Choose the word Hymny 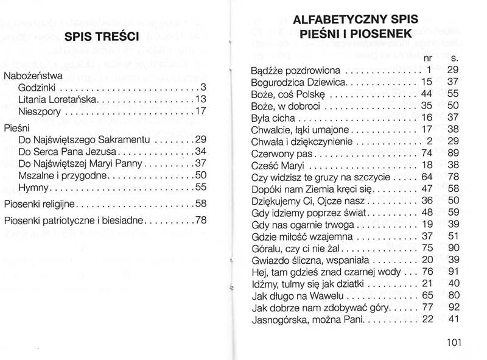(x=34, y=187)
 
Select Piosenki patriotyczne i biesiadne (x=73, y=220)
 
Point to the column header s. (x=454, y=58)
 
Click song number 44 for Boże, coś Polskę (x=426, y=94)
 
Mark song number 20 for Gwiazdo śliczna (x=426, y=259)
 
